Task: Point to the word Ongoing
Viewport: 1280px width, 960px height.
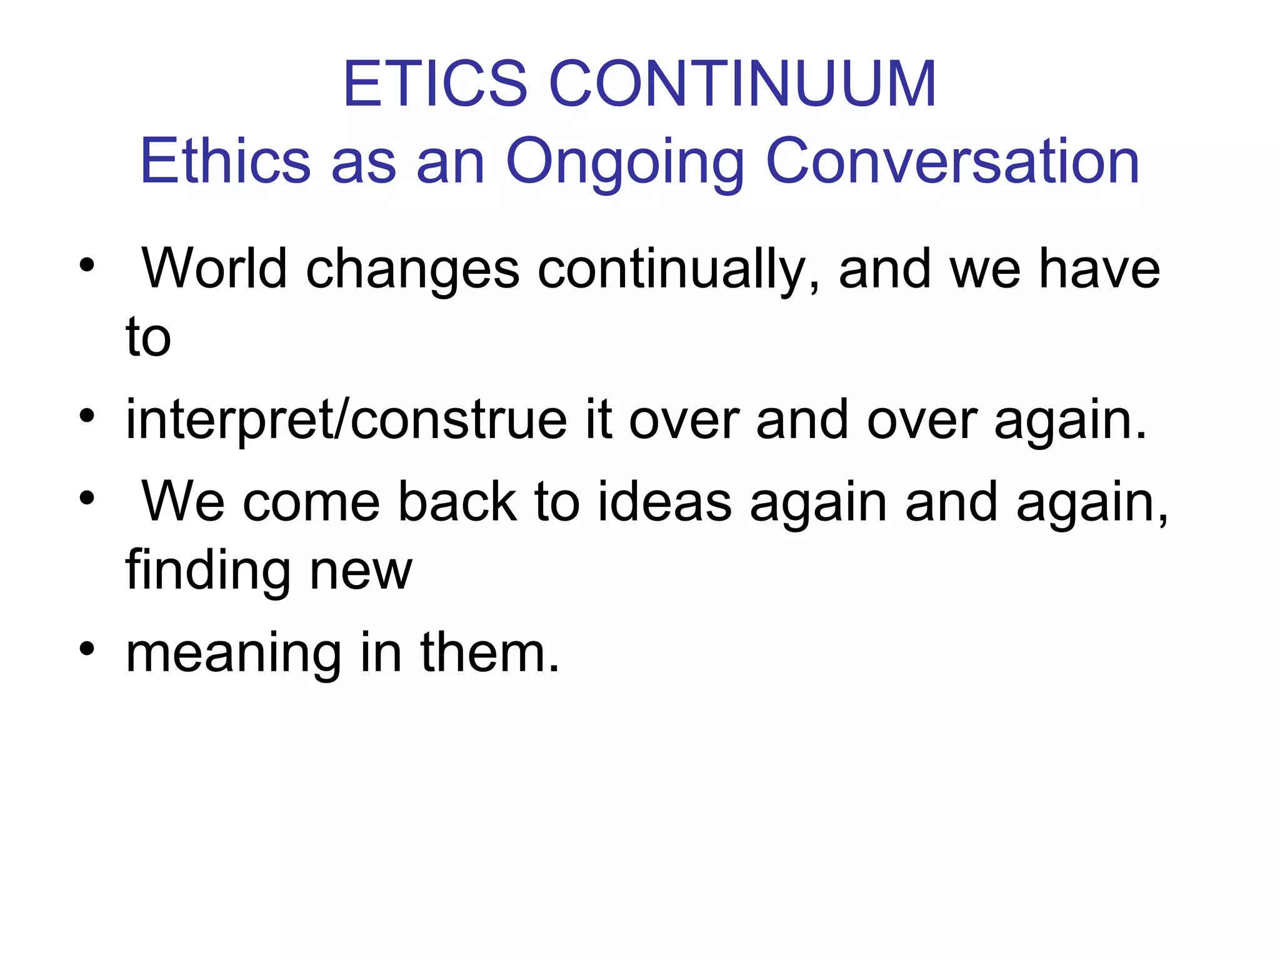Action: [625, 164]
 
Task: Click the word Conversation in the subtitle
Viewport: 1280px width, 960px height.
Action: [952, 161]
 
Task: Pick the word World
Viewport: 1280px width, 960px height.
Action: [214, 269]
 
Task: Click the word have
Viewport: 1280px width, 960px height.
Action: [1099, 269]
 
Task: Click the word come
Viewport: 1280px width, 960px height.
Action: [311, 502]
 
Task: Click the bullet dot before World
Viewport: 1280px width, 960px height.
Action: [87, 265]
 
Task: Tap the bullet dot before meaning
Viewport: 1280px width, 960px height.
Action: [87, 648]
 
